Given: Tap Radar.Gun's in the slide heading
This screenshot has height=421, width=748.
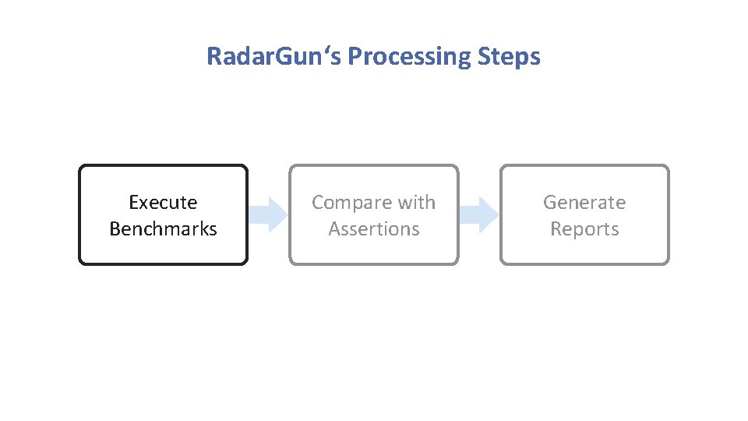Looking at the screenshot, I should click(x=274, y=57).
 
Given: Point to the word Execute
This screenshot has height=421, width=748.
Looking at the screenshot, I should click(x=163, y=203).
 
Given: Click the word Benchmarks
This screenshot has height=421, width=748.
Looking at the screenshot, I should click(x=163, y=229).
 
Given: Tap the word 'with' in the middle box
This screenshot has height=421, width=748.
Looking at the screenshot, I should click(x=416, y=203).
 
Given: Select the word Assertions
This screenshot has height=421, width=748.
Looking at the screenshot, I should click(x=374, y=229).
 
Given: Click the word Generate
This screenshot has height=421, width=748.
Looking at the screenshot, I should click(x=584, y=203).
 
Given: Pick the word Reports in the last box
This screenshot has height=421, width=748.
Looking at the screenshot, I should click(x=584, y=229).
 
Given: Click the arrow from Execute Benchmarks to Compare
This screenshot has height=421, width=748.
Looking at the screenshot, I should click(x=269, y=214).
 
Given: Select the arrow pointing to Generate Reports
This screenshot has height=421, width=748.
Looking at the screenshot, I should click(x=479, y=214).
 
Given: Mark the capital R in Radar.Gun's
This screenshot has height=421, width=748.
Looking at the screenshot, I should click(x=213, y=57).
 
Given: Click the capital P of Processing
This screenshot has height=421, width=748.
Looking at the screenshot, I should click(x=355, y=57).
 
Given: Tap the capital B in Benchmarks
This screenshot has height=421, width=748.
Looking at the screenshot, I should click(x=115, y=229).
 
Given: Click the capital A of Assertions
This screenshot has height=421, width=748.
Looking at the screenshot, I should click(x=334, y=229).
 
